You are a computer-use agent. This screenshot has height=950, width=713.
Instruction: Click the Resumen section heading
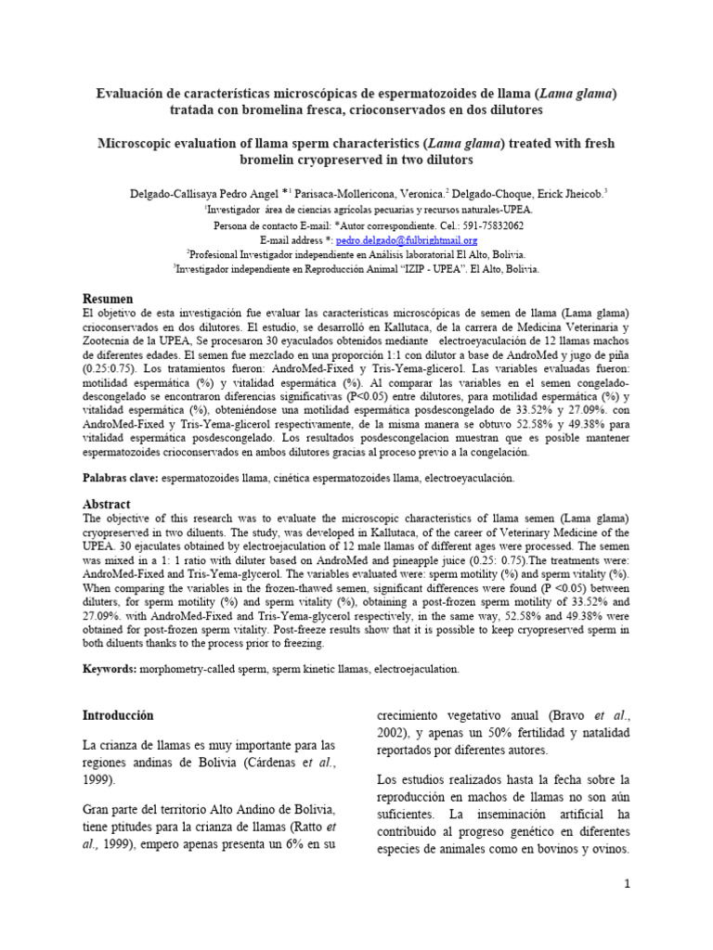point(109,299)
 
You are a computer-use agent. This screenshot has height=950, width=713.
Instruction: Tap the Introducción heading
point(117,715)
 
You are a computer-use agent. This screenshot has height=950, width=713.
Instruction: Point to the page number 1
point(627,884)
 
